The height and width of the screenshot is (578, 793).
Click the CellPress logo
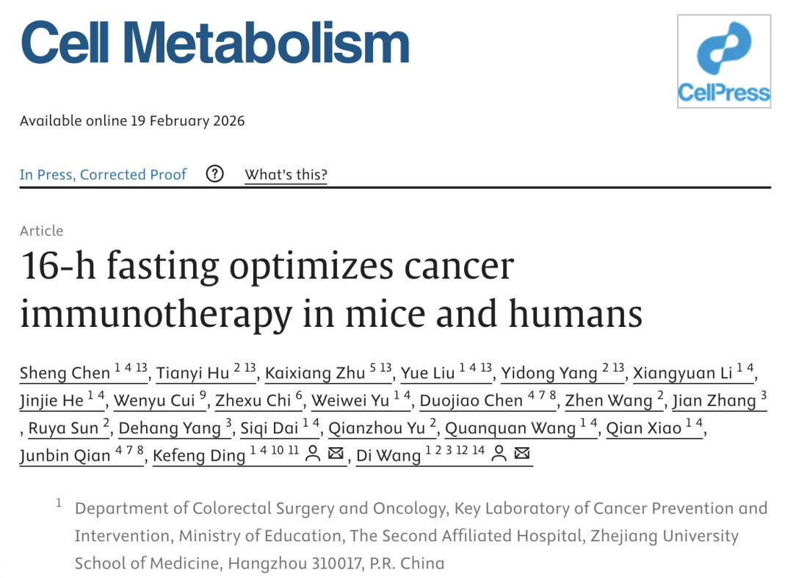tap(723, 62)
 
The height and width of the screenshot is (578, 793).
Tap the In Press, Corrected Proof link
tap(103, 175)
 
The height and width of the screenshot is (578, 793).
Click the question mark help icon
tap(214, 175)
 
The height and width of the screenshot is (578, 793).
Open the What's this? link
tap(286, 175)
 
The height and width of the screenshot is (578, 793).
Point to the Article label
tap(42, 231)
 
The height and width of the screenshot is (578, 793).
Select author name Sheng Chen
tap(65, 373)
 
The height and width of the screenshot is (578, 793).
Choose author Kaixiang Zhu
tap(314, 373)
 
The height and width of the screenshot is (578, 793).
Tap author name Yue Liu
tap(428, 373)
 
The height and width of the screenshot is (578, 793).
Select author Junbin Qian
tap(65, 455)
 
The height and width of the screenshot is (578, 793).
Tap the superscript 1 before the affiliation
tap(59, 504)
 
